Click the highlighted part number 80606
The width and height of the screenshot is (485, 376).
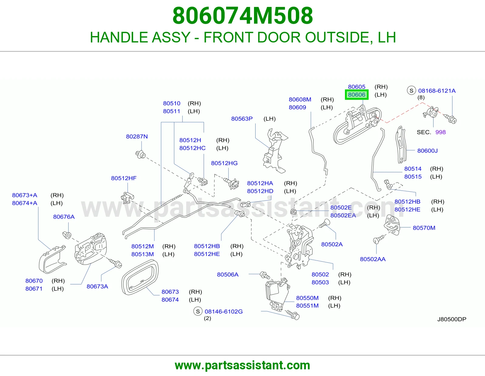[x=356, y=95]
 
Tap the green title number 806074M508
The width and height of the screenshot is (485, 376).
[x=242, y=16]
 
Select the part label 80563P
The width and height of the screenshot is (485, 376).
[x=242, y=119]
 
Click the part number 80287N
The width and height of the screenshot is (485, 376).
[x=137, y=136]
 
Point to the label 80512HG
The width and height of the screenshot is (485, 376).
[x=224, y=163]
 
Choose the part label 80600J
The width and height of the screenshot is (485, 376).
[x=427, y=151]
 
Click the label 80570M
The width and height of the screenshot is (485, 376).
[x=424, y=228]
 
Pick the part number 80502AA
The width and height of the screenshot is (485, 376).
[x=373, y=259]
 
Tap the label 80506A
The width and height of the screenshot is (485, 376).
[x=228, y=274]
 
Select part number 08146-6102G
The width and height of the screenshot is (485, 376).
[x=224, y=311]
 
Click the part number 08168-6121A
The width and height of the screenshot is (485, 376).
[x=437, y=91]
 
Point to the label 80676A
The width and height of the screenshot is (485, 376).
[x=64, y=217]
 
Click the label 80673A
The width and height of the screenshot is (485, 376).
[x=97, y=286]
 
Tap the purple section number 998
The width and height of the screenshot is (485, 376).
[x=440, y=132]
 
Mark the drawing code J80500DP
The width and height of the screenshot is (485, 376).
[x=452, y=319]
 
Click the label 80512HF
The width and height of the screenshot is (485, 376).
[x=124, y=178]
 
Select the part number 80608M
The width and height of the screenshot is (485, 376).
[x=300, y=99]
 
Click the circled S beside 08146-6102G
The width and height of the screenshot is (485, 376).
[x=198, y=311]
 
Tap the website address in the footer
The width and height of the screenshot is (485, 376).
[x=242, y=365]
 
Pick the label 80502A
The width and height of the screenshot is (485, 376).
[x=332, y=244]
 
